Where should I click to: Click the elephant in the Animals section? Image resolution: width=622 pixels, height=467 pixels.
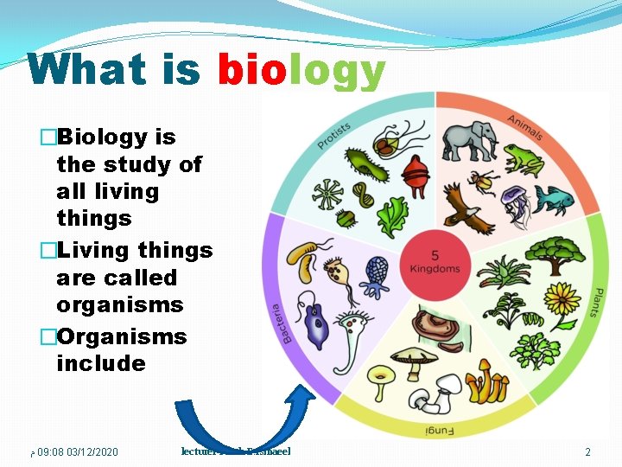470,140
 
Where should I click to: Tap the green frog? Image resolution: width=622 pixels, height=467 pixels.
524,159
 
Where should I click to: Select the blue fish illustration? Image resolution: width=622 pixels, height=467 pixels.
553,199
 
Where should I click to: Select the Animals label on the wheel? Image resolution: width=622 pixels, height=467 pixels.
524,127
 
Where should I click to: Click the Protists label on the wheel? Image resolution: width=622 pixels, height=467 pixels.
333,135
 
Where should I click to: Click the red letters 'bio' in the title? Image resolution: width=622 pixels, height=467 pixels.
252,70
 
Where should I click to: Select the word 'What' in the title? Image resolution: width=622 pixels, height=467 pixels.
87,70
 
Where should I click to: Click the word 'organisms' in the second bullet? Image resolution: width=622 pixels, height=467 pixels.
120,305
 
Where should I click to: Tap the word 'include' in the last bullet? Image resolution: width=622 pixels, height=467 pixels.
101,363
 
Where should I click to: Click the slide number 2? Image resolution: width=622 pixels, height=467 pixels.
587,452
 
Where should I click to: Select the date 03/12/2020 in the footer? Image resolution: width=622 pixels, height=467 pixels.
92,452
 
